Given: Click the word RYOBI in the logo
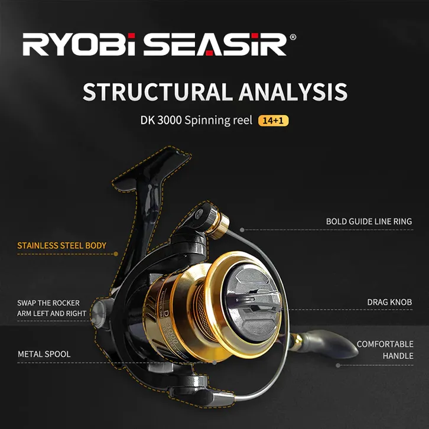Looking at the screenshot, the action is (79, 44).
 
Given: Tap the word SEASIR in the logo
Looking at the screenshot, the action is (215, 44).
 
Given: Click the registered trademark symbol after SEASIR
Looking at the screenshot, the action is (292, 37).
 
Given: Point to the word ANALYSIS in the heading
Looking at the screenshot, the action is (293, 92).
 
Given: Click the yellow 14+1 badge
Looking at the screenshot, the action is (273, 121).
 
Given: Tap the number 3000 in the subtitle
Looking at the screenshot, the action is (170, 120).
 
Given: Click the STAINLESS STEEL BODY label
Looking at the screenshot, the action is (61, 245).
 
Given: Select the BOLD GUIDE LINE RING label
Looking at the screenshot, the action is (369, 222).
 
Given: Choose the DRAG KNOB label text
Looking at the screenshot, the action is (389, 302).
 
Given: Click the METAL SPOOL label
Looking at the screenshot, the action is (44, 354).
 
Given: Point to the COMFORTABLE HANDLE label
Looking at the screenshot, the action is (385, 350).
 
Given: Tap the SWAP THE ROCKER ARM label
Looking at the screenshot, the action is (52, 308).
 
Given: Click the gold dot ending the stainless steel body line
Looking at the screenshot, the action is (116, 254).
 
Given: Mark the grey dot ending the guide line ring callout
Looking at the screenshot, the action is (242, 230).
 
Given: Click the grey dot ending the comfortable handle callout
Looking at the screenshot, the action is (338, 365).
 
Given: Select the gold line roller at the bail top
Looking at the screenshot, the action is (218, 225).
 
